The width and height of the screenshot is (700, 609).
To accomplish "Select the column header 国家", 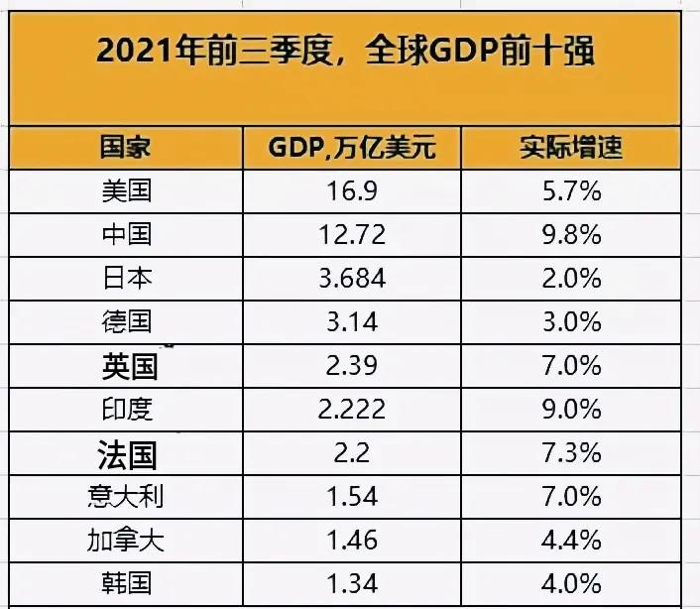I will tap(127, 148).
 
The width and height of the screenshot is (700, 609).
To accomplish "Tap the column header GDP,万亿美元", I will tap(351, 149).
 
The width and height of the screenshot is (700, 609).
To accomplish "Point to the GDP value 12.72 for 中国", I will tap(351, 235).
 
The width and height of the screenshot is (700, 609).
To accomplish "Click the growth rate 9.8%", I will tap(571, 235).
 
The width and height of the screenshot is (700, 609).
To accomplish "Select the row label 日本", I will tap(127, 279).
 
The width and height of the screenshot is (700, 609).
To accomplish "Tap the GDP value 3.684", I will tap(351, 279).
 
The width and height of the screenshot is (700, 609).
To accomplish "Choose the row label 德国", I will tap(127, 322).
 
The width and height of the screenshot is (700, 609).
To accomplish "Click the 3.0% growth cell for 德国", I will tap(571, 322).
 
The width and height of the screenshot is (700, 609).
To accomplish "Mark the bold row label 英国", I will tap(129, 366).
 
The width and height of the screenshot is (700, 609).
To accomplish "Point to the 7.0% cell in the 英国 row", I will tap(571, 366).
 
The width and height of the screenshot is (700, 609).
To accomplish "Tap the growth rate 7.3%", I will tap(571, 453).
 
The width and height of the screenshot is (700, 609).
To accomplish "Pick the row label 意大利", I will tap(127, 497).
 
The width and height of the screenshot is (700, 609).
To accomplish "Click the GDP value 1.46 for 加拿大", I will tap(351, 541).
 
